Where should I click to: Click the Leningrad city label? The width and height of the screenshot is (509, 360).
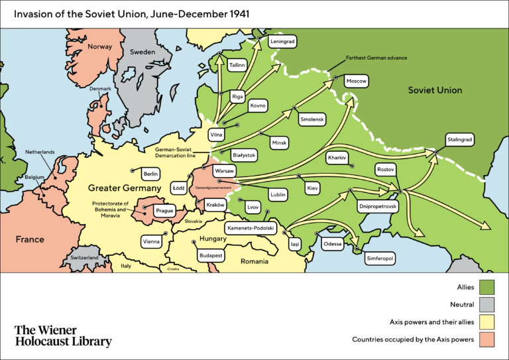pyautogui.click(x=282, y=41)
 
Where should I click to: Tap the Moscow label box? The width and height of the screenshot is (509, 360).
pyautogui.click(x=356, y=81)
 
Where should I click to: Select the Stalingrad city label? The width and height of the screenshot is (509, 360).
pyautogui.click(x=459, y=140)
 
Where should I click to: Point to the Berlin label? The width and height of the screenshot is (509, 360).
pyautogui.click(x=150, y=174)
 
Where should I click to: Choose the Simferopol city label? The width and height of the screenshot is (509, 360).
pyautogui.click(x=380, y=259)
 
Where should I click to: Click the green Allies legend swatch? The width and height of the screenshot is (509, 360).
pyautogui.click(x=488, y=287)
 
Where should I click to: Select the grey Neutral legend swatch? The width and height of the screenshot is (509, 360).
pyautogui.click(x=488, y=305)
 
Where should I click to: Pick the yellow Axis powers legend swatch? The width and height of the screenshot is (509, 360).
pyautogui.click(x=488, y=323)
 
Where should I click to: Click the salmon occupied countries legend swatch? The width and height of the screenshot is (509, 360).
pyautogui.click(x=488, y=340)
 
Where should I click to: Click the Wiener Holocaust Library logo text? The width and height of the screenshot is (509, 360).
pyautogui.click(x=63, y=336)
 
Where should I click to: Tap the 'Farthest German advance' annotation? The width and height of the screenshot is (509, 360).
pyautogui.click(x=376, y=58)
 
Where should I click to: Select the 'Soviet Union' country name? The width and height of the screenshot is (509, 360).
pyautogui.click(x=435, y=90)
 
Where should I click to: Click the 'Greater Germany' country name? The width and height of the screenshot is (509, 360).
pyautogui.click(x=125, y=188)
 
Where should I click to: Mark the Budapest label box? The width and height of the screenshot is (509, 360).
pyautogui.click(x=211, y=255)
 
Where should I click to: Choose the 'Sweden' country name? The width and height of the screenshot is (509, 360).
pyautogui.click(x=142, y=52)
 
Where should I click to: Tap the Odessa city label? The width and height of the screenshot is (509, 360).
pyautogui.click(x=332, y=244)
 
